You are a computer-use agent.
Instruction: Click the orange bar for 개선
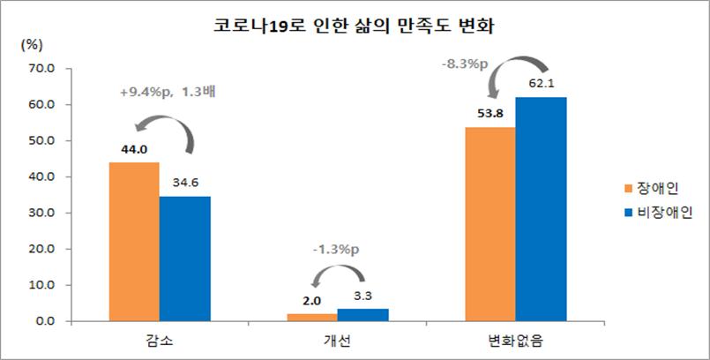(311, 318)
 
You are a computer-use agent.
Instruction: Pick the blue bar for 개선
(362, 315)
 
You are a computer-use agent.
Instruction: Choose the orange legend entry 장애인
(651, 188)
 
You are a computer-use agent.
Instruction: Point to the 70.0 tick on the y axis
(41, 68)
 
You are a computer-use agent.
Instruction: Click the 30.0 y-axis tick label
(41, 213)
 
